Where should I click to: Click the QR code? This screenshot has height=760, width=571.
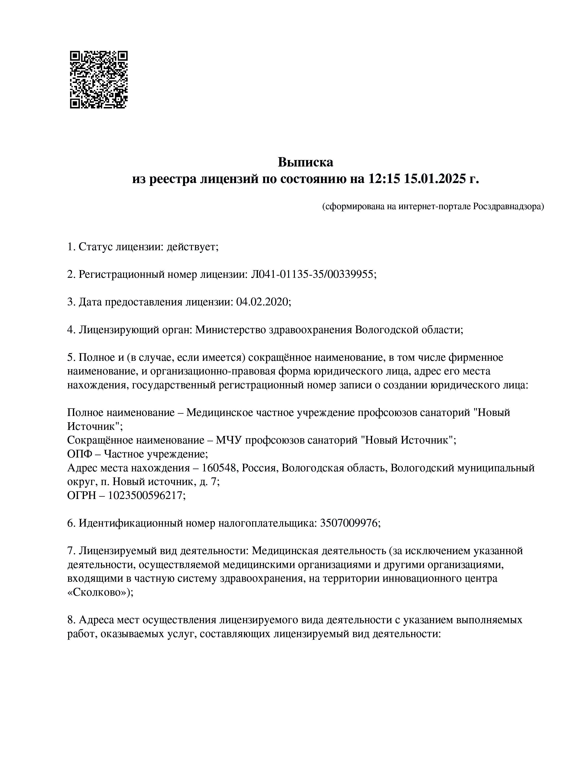tap(99, 80)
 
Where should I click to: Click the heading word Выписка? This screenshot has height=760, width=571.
tap(305, 162)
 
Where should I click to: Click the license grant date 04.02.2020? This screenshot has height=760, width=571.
tap(263, 302)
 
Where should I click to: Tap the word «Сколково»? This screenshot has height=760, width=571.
tap(98, 592)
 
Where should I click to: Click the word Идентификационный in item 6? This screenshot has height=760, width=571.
tap(131, 523)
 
